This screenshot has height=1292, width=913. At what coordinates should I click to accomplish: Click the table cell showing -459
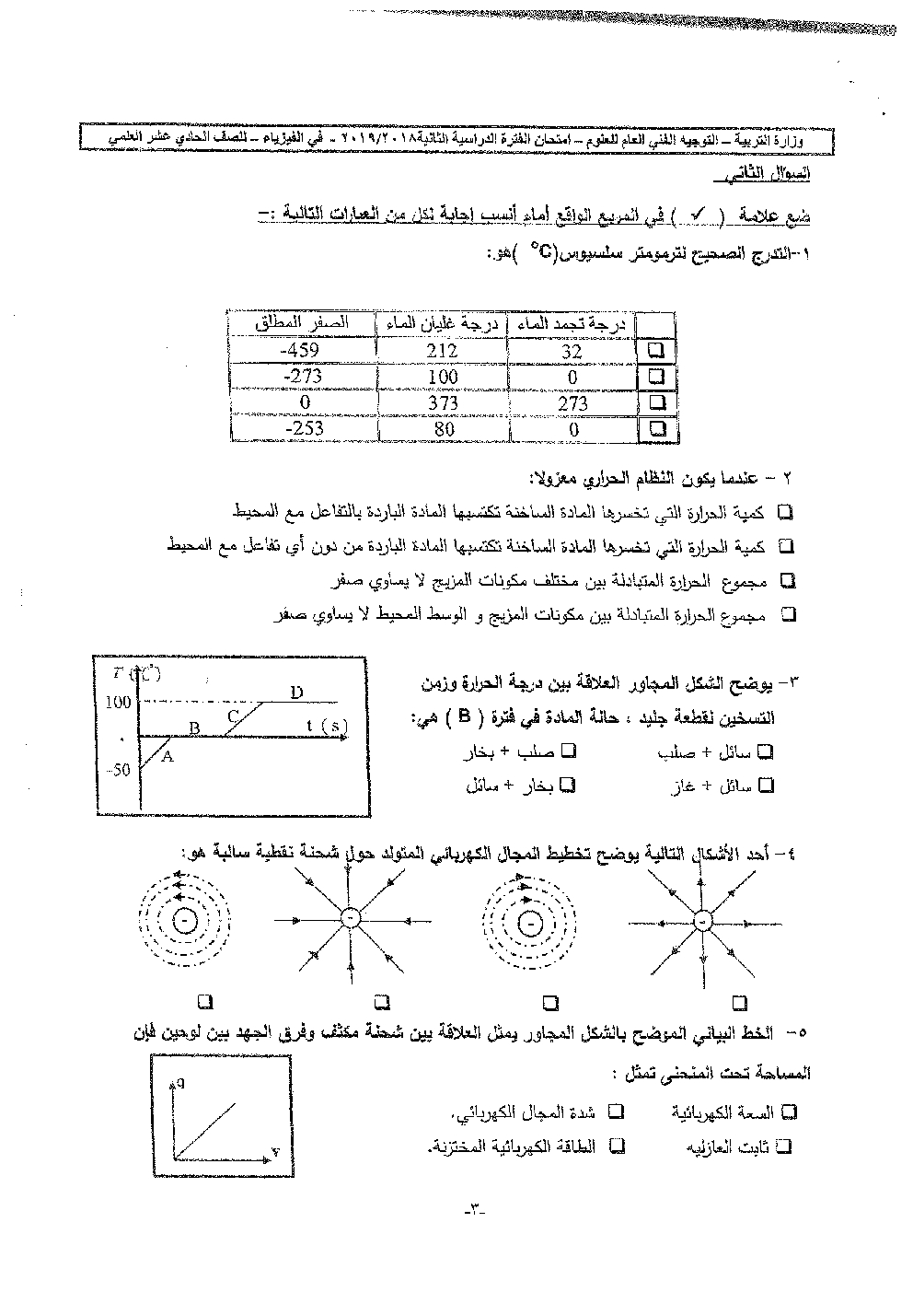303,351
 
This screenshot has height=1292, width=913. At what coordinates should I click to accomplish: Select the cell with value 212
443,351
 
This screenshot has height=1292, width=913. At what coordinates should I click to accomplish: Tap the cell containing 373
443,402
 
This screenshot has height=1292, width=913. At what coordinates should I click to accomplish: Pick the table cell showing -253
303,428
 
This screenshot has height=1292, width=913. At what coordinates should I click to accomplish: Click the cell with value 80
443,428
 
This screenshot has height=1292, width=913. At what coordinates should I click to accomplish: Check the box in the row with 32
656,351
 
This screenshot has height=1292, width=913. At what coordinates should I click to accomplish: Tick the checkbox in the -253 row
656,428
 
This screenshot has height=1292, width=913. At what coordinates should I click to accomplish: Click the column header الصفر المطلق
303,324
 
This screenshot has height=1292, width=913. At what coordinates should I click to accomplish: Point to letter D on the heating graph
295,692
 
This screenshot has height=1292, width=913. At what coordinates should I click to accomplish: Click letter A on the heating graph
168,756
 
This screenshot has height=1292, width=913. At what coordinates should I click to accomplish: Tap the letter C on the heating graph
233,716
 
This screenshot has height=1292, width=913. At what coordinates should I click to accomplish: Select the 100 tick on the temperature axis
119,703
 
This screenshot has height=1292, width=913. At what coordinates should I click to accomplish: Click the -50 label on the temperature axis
119,770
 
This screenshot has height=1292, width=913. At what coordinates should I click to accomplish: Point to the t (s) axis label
327,726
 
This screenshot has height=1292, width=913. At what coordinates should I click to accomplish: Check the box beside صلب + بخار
569,751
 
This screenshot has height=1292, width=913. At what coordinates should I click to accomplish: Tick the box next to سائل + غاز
766,786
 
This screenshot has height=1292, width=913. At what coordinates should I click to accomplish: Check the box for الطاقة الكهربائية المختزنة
618,1146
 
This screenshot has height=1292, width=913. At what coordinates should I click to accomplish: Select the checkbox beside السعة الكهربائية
789,1112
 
